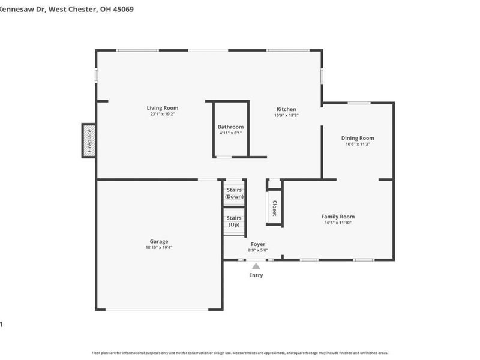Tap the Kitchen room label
pos(286,109)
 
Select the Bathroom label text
pos(230,127)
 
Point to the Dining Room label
pos(358,138)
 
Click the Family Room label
pos(338,217)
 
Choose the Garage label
pos(159,241)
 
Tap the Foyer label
pos(258,244)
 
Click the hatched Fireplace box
pos(89,141)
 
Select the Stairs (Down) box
pos(234,193)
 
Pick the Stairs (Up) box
pos(234,221)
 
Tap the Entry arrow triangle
pos(256,266)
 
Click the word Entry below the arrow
pos(256,275)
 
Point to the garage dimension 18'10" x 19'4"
pos(159,247)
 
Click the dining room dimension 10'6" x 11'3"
pos(358,144)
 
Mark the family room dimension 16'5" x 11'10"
pos(338,223)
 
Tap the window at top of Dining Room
pos(359,103)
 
